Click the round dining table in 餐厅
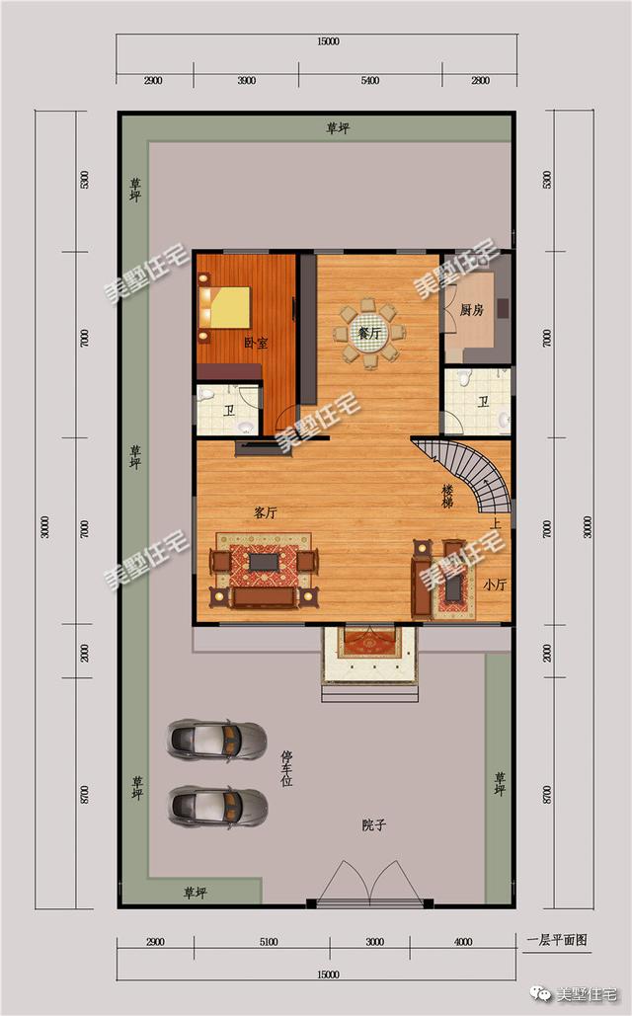368,334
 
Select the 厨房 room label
472,310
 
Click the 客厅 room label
265,512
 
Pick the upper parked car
217,739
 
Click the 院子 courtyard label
373,825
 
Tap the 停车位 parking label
287,768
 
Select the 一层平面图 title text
557,940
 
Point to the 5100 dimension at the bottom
268,942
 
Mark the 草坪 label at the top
339,128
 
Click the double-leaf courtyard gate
371,882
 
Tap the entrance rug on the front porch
370,643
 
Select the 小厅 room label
495,585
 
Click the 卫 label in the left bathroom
228,412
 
